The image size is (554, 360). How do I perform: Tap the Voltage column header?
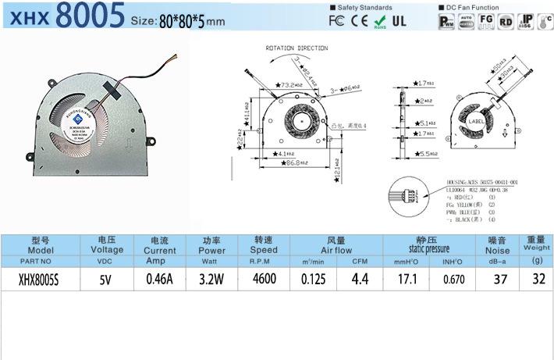click(108, 245)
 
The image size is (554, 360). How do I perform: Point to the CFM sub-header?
click(360, 262)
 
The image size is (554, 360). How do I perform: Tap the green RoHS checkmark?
click(380, 20)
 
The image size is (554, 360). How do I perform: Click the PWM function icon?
click(446, 20)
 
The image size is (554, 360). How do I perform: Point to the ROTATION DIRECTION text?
click(297, 48)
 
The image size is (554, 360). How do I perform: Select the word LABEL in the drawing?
click(475, 122)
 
